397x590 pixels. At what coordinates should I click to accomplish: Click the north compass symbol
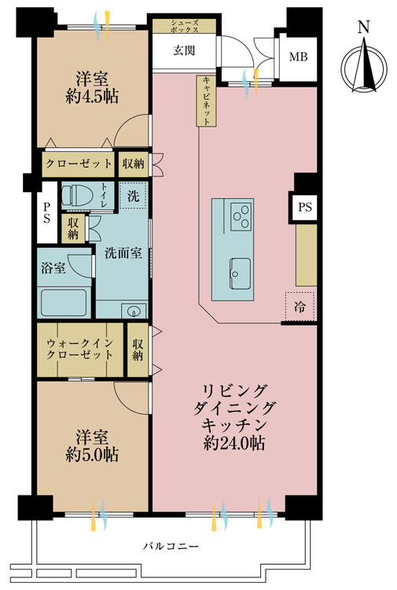tap(363, 64)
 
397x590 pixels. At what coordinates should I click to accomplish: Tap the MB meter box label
tap(298, 57)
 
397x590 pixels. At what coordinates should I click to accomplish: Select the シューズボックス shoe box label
tap(184, 26)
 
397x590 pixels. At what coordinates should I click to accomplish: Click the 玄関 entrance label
tap(184, 50)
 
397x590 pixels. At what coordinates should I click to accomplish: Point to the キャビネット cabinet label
tap(207, 101)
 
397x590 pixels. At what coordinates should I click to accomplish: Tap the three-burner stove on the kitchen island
tap(241, 216)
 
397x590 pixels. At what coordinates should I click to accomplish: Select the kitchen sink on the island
tap(241, 273)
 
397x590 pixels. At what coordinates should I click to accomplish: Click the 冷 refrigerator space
tap(300, 307)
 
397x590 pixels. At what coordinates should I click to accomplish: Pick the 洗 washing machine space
tap(133, 195)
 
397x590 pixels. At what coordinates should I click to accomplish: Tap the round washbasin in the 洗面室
tap(134, 311)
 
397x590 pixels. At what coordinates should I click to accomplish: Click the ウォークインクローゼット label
tap(79, 348)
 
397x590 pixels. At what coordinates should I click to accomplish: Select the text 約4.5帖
tap(92, 97)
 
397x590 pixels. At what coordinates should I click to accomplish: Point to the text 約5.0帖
tap(92, 454)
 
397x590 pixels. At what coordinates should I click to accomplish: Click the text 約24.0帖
tap(233, 442)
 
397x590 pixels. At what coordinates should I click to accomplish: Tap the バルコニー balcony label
tap(171, 546)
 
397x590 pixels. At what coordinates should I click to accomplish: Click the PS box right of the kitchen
tap(305, 207)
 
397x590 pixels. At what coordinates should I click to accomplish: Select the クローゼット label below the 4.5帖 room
tap(79, 164)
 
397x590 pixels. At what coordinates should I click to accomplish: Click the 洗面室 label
tap(123, 253)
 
